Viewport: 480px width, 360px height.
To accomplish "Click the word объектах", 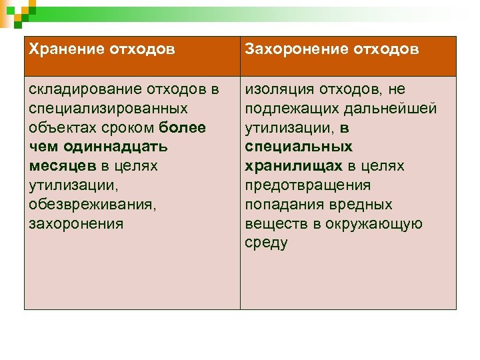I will pyautogui.click(x=58, y=127).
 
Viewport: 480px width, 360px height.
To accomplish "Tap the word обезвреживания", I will pyautogui.click(x=91, y=204).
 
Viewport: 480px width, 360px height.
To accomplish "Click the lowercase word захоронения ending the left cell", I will pyautogui.click(x=77, y=223).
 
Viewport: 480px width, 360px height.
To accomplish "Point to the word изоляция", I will pyautogui.click(x=277, y=89).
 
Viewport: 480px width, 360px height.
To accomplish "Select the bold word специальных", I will pyautogui.click(x=299, y=147).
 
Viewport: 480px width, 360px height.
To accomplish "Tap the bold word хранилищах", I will pyautogui.click(x=294, y=166).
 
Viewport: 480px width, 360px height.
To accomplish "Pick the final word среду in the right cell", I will pyautogui.click(x=266, y=243).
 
